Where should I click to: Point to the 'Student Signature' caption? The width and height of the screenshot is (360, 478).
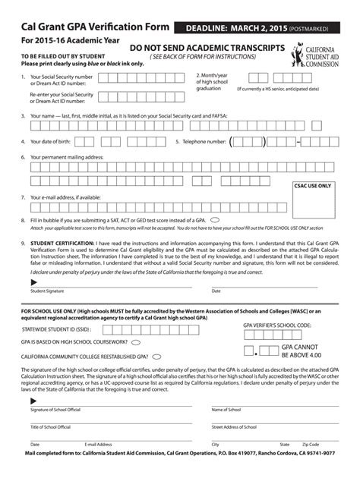click(x=47, y=291)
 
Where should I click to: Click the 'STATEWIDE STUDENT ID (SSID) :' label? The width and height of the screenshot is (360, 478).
click(x=56, y=330)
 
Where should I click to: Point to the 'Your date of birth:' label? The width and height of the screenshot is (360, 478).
click(x=55, y=142)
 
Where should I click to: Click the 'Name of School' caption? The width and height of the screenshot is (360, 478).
click(x=226, y=410)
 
